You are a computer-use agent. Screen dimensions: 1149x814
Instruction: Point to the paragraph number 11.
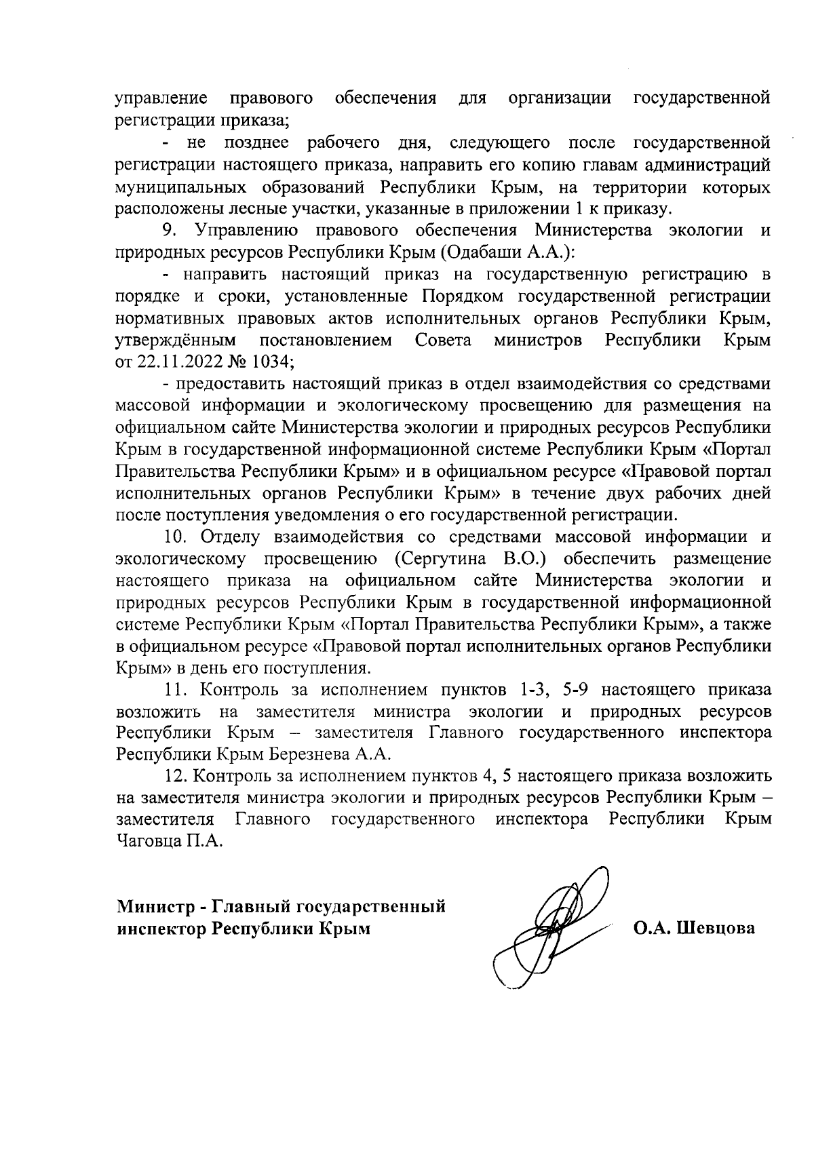tap(176, 690)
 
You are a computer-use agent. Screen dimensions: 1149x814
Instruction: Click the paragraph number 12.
tap(176, 776)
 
